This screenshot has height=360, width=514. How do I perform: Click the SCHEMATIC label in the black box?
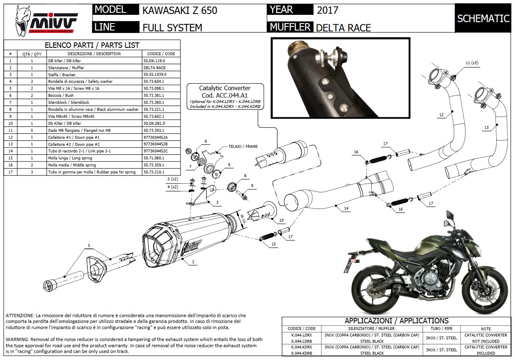[483, 19]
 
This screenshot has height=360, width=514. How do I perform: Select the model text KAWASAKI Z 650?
[179, 10]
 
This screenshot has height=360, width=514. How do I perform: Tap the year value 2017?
[328, 10]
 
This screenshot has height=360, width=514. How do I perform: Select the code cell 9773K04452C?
[156, 151]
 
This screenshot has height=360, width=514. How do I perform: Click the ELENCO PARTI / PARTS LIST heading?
[92, 45]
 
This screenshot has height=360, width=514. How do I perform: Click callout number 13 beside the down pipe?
[486, 128]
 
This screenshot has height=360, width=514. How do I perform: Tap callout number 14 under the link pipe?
[346, 209]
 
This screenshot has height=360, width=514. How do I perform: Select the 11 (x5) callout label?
[472, 63]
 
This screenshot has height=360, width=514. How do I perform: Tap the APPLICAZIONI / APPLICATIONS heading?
[397, 320]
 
